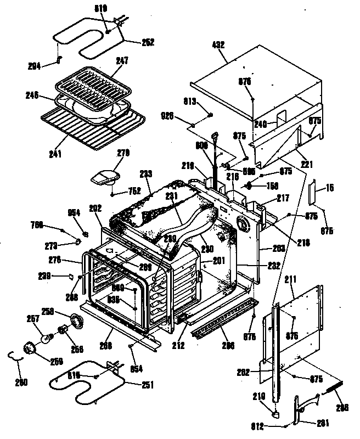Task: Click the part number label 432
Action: tap(219, 44)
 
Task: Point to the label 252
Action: tap(148, 42)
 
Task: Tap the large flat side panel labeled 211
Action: tap(296, 324)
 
